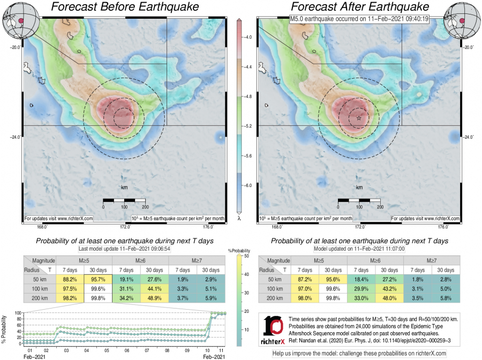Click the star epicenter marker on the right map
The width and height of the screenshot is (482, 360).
pos(359,118)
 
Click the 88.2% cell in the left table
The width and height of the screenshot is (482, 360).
pos(68,279)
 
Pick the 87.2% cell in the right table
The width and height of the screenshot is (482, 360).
pos(304,280)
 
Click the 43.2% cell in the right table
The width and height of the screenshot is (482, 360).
pos(389,288)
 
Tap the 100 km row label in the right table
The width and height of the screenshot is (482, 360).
pos(274,288)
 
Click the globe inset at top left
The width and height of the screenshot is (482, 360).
pos(14,20)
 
